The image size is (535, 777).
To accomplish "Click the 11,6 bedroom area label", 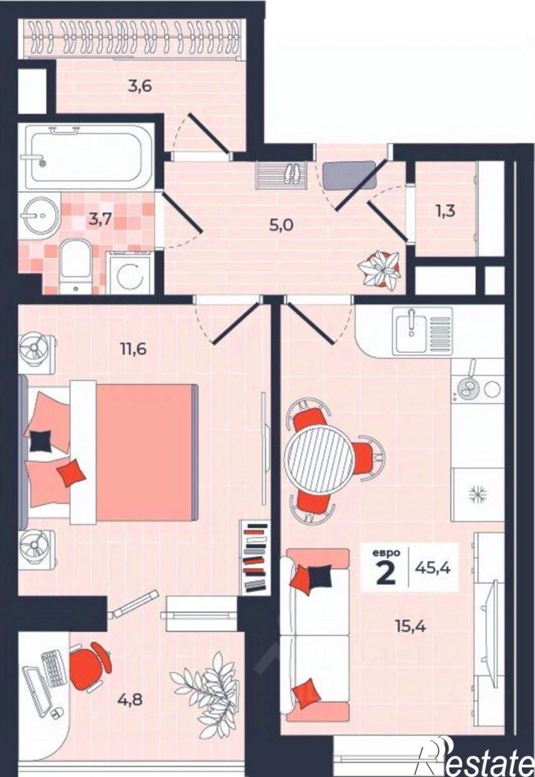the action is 134,349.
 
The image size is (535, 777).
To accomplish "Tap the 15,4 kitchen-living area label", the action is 411,626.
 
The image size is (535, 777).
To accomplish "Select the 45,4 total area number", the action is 433,568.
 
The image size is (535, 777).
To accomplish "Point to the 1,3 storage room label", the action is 445,211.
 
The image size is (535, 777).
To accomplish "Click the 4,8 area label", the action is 130,700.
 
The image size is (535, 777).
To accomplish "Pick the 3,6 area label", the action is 139,86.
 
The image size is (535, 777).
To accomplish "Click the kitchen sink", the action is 423,331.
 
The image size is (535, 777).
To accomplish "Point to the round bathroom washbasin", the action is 40,215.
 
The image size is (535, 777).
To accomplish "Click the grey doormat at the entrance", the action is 349,175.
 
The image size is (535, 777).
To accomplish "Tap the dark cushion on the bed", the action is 41,441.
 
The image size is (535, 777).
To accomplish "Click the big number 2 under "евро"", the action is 386,573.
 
